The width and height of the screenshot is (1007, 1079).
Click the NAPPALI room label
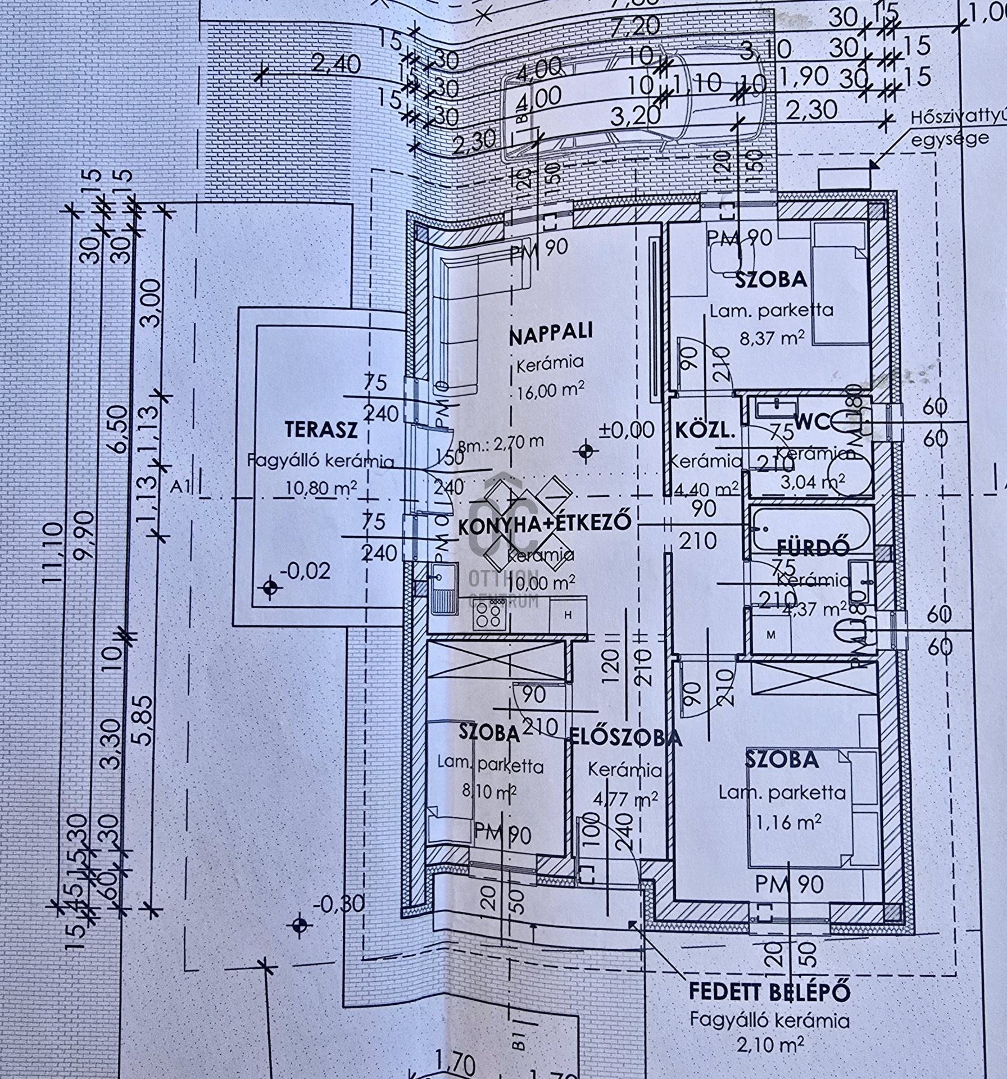[551, 333]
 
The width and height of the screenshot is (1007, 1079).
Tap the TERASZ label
[321, 429]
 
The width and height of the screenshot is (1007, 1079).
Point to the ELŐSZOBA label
[625, 737]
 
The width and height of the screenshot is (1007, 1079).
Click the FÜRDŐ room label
[813, 548]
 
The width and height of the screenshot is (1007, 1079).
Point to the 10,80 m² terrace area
[321, 487]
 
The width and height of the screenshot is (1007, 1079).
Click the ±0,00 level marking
[627, 430]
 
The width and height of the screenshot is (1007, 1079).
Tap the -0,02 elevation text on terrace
[308, 572]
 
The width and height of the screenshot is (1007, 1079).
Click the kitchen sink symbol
[444, 586]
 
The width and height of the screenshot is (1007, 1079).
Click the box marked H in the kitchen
[568, 615]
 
